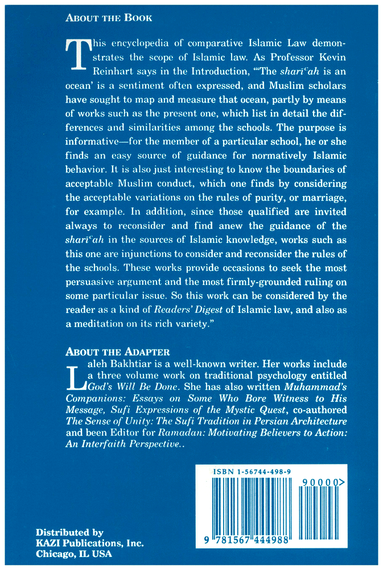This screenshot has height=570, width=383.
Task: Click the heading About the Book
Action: point(109,18)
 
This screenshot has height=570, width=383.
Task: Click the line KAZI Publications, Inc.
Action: point(90,543)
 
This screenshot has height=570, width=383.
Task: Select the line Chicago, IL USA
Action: point(74,553)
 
